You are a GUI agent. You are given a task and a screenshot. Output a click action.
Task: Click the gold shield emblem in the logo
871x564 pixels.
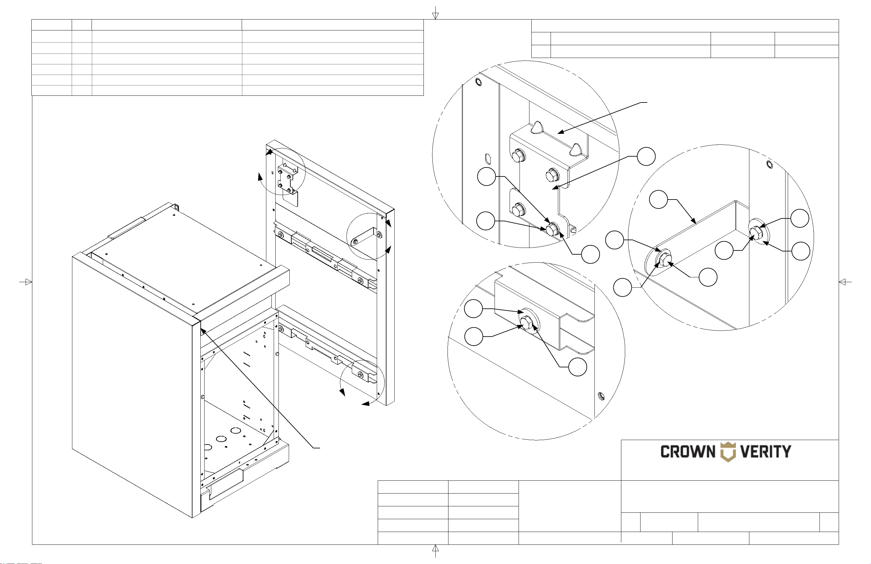coord(728,452)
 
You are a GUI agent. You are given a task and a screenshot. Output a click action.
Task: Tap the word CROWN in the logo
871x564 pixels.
coord(688,452)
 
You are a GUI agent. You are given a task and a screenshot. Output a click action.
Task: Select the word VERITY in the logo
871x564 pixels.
coord(766,452)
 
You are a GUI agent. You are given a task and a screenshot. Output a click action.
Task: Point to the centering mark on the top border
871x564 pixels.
coord(435,13)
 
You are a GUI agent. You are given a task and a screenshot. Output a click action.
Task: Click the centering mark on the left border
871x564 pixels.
coord(26,282)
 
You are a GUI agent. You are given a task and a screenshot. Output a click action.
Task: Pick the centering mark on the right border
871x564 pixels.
coord(845,282)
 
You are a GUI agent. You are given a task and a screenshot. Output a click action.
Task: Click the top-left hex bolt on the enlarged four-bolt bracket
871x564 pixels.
coord(518,156)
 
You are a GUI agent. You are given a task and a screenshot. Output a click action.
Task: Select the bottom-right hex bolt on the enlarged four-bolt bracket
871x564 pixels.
coord(552,229)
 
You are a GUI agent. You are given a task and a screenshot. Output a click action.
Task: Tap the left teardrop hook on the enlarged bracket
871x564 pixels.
coord(536,128)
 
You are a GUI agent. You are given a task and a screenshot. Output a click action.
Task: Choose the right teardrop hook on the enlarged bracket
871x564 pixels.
coord(575,150)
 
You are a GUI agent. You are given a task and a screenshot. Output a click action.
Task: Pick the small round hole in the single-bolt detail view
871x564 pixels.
coord(601,396)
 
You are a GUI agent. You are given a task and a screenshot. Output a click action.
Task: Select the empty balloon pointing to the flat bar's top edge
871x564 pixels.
coord(658,200)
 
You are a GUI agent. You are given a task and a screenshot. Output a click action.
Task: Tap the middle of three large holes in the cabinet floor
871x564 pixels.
coord(221,439)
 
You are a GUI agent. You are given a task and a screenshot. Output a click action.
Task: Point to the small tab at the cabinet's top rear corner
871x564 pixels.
coord(176,208)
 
